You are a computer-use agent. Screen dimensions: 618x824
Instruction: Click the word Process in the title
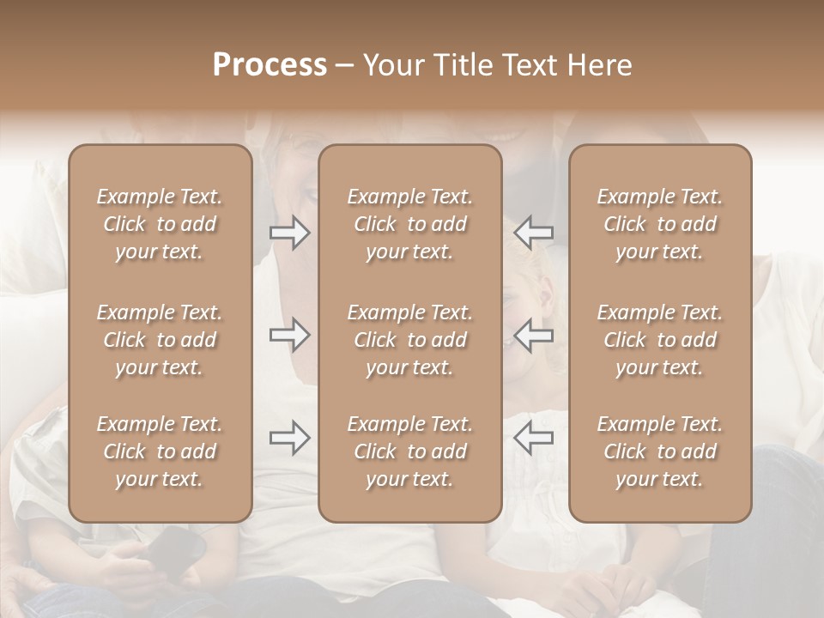[270, 65]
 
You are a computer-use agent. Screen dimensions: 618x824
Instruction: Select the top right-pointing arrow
[290, 233]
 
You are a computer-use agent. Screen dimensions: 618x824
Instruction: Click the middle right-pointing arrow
[290, 335]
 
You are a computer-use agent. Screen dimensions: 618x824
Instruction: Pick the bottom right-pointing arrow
[290, 438]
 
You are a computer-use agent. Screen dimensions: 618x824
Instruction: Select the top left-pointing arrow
[534, 233]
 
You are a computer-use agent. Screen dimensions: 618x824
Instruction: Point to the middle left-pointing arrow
[534, 335]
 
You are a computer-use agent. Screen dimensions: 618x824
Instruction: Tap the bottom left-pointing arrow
[534, 438]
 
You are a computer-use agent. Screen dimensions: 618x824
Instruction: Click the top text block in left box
[160, 224]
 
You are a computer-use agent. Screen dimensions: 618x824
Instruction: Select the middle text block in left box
[160, 340]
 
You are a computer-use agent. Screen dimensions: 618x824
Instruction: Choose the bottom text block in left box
[160, 451]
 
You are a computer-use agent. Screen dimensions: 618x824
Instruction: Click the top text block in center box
[410, 224]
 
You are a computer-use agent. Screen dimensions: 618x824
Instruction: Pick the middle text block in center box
[410, 340]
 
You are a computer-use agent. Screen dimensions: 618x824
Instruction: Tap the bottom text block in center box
[410, 451]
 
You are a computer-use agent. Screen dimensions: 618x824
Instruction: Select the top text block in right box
[660, 224]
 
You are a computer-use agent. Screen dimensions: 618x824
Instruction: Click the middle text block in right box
[660, 340]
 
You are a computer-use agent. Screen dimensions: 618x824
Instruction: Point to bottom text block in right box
[660, 451]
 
